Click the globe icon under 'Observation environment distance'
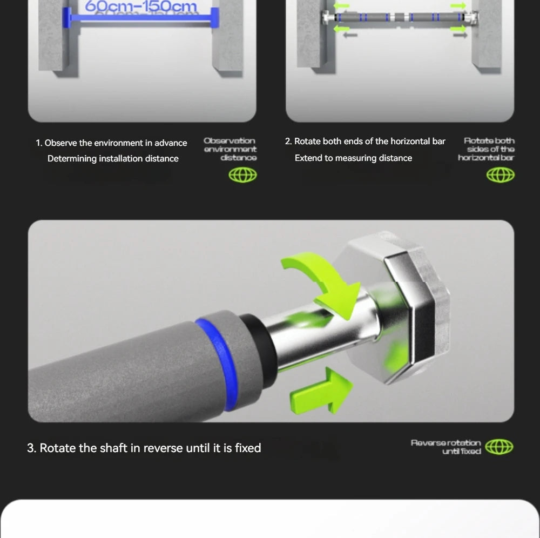click(243, 175)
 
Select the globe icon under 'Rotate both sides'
click(501, 175)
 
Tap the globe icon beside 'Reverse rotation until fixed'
click(499, 447)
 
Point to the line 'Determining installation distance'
click(113, 159)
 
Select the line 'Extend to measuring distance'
click(353, 158)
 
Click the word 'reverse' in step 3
click(166, 448)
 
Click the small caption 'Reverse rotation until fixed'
click(446, 447)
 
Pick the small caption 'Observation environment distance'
click(231, 149)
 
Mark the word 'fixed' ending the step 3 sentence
click(248, 448)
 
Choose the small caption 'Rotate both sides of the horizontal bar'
click(487, 149)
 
